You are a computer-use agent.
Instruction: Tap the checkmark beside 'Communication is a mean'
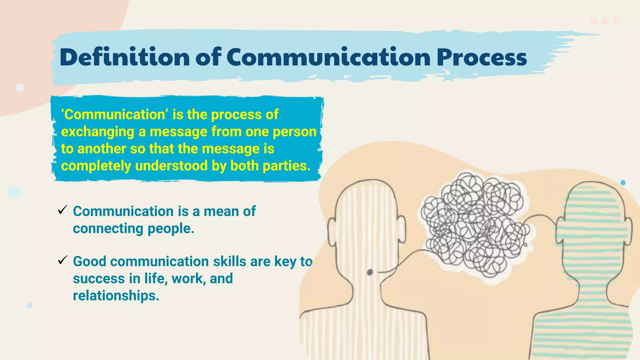[x=62, y=210]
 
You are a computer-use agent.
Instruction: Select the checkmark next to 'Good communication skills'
[x=62, y=260]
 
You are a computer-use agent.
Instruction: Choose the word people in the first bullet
[x=171, y=229]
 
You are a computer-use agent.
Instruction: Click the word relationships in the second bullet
[x=116, y=296]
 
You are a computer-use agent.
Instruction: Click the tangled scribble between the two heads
[x=475, y=225]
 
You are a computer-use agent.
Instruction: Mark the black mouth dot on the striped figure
[x=370, y=272]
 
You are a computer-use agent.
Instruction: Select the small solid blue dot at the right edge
[x=623, y=183]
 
